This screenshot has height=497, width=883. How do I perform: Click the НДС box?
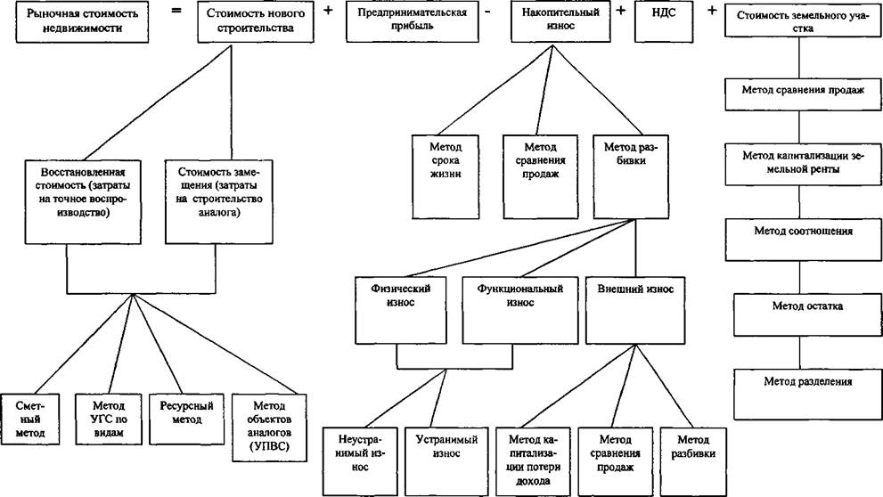[x=664, y=22]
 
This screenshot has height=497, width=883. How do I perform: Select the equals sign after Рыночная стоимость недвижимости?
[x=176, y=10]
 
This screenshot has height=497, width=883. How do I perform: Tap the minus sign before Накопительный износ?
[x=487, y=12]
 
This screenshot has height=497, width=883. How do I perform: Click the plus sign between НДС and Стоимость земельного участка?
[x=712, y=10]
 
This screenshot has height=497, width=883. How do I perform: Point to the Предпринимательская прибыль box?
[x=413, y=22]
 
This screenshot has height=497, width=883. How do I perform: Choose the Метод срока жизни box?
[x=446, y=176]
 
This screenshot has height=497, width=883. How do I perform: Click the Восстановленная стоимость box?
[x=83, y=202]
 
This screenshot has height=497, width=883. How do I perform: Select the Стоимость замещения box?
[x=218, y=202]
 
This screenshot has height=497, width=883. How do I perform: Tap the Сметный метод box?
[x=29, y=420]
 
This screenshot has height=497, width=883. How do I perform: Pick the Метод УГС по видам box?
[x=109, y=420]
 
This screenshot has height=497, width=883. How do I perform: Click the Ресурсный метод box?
[x=186, y=420]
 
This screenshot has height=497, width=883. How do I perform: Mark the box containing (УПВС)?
[x=269, y=428]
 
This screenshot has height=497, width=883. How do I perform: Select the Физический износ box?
[x=400, y=310]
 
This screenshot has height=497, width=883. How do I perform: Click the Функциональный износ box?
[x=520, y=310]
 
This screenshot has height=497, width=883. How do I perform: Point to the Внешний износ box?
[x=635, y=310]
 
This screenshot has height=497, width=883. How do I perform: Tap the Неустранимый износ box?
[x=360, y=462]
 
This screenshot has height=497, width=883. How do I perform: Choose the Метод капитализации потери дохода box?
[x=532, y=462]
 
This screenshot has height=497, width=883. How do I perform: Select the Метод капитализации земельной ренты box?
[x=803, y=165]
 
